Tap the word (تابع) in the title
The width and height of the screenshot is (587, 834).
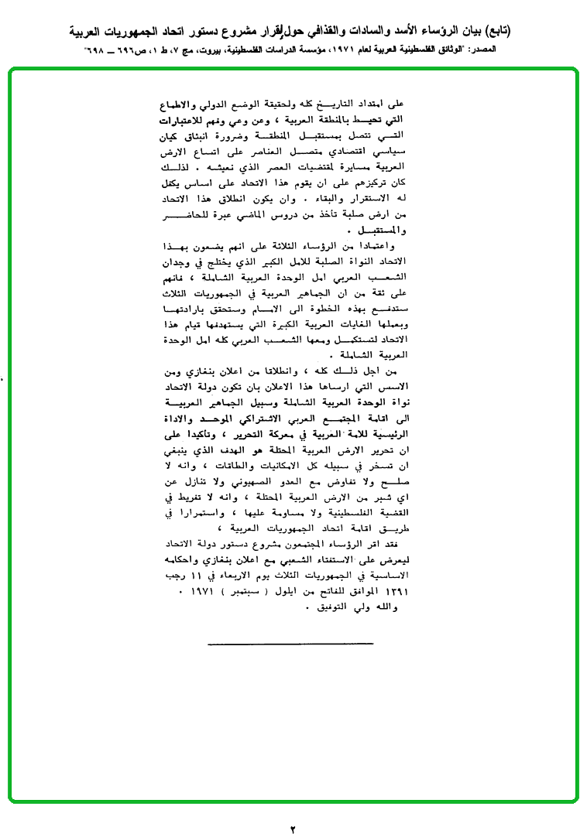coord(557,32)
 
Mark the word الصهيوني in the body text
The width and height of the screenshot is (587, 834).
coord(254,484)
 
